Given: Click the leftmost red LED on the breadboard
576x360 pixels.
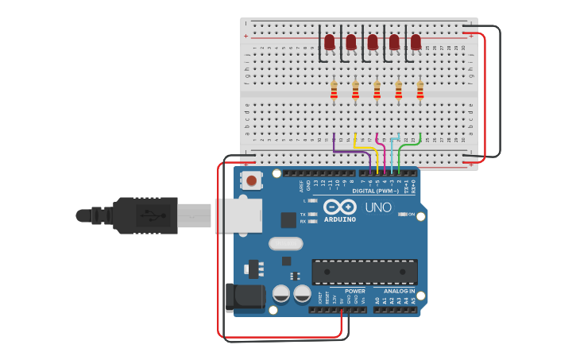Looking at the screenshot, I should (329, 41).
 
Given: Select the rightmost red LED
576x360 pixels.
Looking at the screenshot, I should (416, 41).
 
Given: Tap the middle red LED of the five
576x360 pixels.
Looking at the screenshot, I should (373, 41).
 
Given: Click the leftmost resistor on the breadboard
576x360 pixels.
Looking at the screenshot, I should (334, 90).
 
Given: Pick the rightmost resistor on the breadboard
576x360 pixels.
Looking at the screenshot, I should (420, 90).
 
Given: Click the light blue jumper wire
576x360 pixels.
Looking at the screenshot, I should (392, 151).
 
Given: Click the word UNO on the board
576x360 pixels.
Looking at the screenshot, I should (378, 207).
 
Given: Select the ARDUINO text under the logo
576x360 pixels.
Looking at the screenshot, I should (340, 219).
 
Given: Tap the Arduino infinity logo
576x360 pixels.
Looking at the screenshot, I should (339, 207).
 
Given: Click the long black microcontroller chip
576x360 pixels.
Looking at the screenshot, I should (364, 271).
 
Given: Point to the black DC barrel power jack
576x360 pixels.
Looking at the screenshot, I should (245, 297).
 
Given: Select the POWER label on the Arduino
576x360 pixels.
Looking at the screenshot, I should (355, 291).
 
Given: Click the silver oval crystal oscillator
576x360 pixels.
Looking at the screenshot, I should (286, 243).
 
